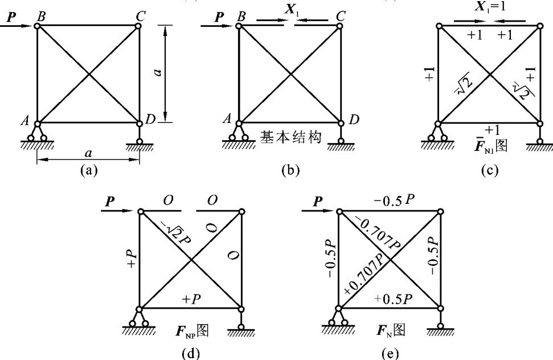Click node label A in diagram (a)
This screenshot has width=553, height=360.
point(25,120)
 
